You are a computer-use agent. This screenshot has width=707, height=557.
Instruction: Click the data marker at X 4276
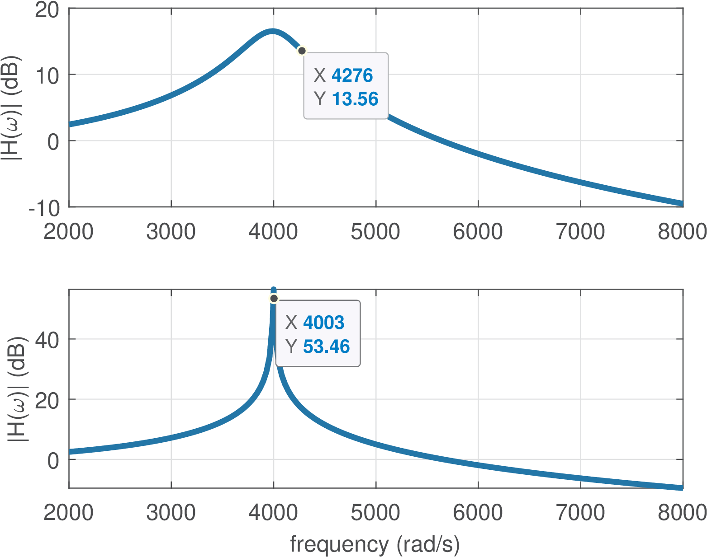tap(302, 51)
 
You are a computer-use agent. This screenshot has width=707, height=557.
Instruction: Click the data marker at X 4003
tap(274, 299)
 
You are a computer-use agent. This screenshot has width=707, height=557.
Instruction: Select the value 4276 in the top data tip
tap(352, 75)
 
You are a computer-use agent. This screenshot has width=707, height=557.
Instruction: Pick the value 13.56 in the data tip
tap(355, 99)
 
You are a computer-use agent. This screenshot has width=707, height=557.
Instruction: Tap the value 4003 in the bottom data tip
tap(323, 323)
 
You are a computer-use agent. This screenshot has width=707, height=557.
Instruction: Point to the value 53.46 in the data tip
tap(326, 346)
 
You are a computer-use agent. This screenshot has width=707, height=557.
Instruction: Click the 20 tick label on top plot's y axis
tap(47, 9)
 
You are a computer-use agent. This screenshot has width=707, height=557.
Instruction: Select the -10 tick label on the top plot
tap(44, 208)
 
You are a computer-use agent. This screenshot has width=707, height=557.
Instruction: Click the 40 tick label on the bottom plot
tap(47, 340)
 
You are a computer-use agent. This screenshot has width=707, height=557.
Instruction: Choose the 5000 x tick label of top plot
tap(375, 232)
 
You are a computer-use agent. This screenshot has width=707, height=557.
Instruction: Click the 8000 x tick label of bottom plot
tap(682, 513)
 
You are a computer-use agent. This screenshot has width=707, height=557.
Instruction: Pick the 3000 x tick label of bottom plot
tap(171, 513)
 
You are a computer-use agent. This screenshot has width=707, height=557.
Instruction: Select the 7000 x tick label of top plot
tap(580, 232)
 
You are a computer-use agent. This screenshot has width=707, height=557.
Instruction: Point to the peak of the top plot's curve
tap(272, 31)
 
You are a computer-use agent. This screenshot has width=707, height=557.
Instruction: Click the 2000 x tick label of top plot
tap(69, 232)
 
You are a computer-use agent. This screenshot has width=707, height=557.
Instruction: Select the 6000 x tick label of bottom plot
tap(478, 513)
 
